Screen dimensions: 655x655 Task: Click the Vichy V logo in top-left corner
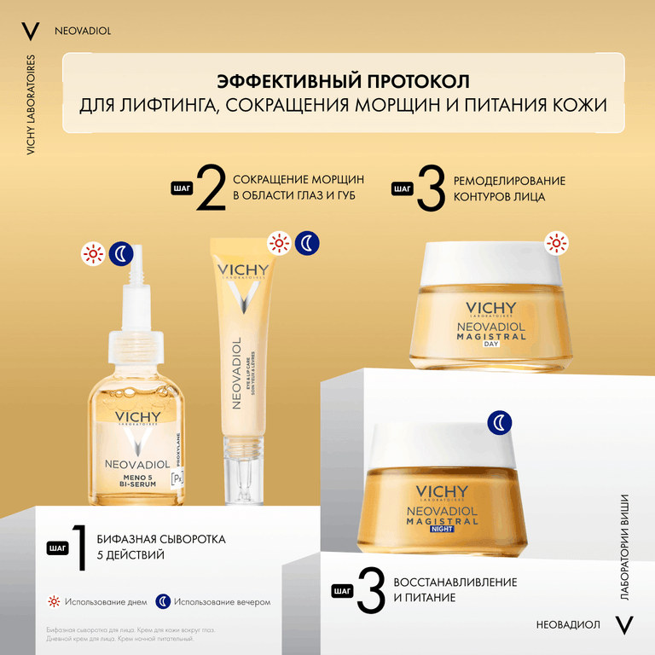coord(30,32)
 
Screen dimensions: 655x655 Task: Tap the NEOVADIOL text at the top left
coord(83,32)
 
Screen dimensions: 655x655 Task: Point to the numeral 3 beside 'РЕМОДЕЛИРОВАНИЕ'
coord(431,188)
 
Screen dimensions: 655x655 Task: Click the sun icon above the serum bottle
coord(92,252)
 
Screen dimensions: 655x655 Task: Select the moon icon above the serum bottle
coord(122,252)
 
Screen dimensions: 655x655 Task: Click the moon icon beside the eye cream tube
coord(308,244)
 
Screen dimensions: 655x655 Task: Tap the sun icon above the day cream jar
coord(556,245)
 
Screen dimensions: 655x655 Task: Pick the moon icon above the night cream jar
coord(500,422)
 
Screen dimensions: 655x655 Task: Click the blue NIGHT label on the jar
coord(443,529)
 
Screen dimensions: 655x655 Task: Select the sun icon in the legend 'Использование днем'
coord(53,601)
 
